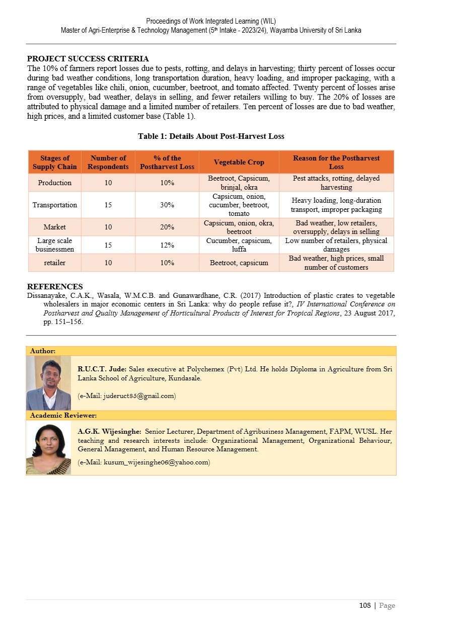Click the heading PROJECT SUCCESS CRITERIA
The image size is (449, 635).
[x=88, y=59]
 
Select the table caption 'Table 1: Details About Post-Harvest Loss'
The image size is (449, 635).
[x=211, y=136]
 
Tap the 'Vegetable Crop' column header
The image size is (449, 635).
[x=239, y=162]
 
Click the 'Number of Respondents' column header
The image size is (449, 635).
[x=108, y=162]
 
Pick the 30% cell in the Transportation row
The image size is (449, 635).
[x=167, y=205]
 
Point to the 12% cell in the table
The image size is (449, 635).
[x=167, y=245]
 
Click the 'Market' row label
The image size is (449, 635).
[x=55, y=227]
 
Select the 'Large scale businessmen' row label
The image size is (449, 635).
[x=55, y=245]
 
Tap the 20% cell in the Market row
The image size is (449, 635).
[x=167, y=227]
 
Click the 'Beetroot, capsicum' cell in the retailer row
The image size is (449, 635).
[x=239, y=263]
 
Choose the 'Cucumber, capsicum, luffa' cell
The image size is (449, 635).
[x=239, y=245]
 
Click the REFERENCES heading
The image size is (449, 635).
[x=55, y=287]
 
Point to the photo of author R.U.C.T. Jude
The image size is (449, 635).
[x=49, y=383]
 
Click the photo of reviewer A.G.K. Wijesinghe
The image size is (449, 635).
[x=49, y=448]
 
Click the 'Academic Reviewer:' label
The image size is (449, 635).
[x=63, y=416]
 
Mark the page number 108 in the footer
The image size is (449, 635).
[x=365, y=606]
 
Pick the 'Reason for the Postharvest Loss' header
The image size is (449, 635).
[x=336, y=162]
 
